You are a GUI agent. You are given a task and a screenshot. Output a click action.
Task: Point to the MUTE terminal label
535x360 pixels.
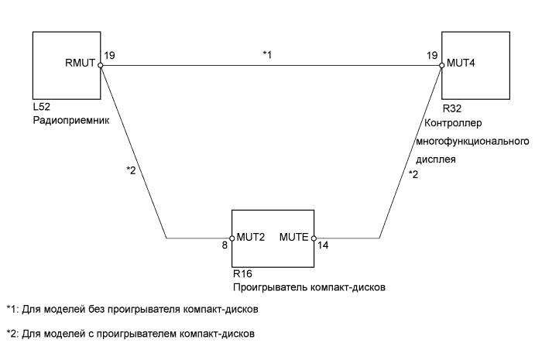(294, 238)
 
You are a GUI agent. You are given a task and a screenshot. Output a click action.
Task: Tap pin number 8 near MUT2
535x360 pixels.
(225, 249)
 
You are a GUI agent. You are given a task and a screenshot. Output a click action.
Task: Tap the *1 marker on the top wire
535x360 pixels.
(268, 55)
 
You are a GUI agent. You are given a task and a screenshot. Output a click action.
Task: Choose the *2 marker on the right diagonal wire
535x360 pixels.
(413, 175)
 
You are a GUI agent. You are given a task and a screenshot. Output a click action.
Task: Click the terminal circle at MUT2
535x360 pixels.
(232, 238)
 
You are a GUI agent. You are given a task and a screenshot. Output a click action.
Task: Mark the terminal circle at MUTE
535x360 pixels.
(313, 238)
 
